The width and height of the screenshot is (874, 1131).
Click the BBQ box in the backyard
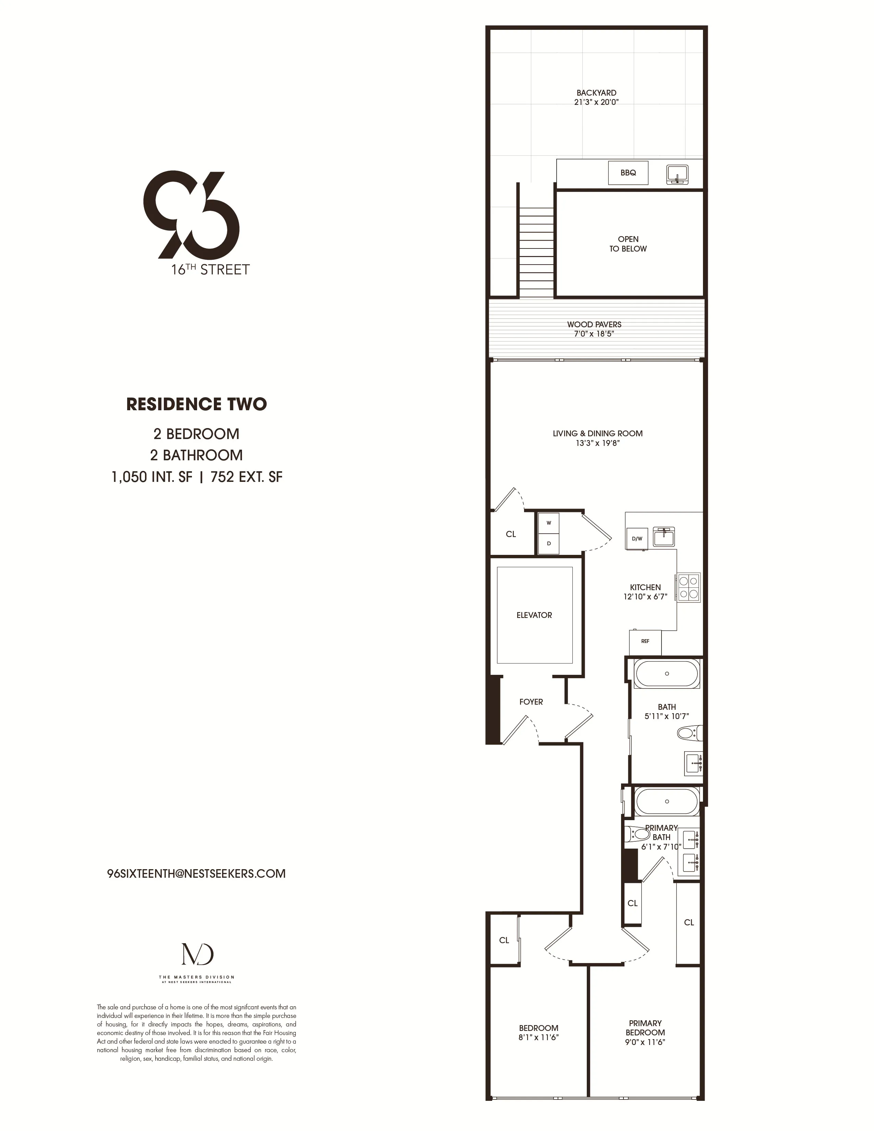click(628, 173)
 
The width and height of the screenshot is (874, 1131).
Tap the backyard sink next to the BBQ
click(677, 175)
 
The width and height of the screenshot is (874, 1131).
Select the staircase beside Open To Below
click(536, 252)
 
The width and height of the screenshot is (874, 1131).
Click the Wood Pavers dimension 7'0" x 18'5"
click(594, 334)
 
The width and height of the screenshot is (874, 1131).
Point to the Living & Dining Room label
click(597, 434)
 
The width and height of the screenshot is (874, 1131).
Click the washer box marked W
click(549, 523)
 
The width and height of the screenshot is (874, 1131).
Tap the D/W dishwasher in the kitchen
click(637, 538)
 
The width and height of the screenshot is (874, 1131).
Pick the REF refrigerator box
click(645, 642)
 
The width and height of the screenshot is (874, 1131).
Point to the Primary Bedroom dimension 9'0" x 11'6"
click(645, 1042)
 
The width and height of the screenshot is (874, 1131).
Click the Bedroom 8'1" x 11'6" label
click(538, 1033)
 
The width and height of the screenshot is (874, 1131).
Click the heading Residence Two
click(196, 404)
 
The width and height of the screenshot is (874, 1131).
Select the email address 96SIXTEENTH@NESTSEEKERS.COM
click(196, 874)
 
